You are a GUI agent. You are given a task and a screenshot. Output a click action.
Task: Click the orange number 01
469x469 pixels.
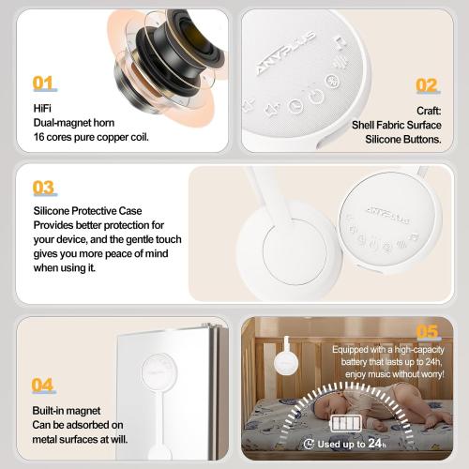[43, 83]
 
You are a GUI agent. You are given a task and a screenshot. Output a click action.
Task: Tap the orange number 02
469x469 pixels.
[427, 85]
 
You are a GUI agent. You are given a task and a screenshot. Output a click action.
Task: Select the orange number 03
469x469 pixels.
[43, 188]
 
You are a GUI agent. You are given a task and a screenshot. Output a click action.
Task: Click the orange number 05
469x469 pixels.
[427, 331]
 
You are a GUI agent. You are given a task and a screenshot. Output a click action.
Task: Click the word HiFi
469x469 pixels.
[42, 108]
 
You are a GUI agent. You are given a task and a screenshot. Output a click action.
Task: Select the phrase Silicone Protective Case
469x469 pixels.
[87, 211]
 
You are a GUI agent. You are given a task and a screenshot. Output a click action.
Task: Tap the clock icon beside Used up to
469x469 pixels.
[310, 444]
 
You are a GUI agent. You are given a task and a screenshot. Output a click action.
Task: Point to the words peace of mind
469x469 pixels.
[147, 253]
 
